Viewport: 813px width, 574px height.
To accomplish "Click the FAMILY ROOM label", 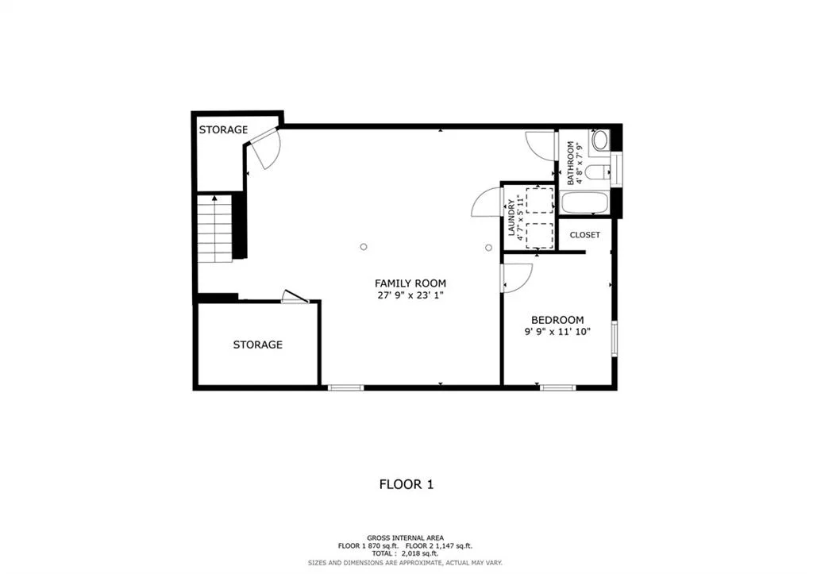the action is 410,283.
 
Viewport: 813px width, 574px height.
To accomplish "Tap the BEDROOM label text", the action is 557,320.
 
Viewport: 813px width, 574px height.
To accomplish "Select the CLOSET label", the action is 585,235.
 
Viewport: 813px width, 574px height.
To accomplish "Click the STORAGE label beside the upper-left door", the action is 223,129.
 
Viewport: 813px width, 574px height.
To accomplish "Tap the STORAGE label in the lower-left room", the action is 258,345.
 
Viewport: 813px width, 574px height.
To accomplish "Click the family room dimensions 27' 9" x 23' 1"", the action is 410,296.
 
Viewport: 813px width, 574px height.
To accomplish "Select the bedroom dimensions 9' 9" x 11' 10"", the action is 557,332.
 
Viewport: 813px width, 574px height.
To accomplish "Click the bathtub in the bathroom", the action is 585,202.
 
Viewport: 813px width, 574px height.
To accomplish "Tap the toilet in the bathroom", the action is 597,171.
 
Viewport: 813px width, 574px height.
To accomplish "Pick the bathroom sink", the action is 601,140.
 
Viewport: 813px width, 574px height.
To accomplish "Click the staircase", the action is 214,228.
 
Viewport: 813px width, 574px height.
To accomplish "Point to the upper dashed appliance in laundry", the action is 540,201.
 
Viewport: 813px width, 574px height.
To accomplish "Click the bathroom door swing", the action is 540,146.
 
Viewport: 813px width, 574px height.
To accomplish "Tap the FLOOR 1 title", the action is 406,485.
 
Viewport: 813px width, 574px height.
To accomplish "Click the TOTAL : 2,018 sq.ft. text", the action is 405,554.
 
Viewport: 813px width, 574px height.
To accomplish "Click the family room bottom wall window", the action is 346,387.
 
